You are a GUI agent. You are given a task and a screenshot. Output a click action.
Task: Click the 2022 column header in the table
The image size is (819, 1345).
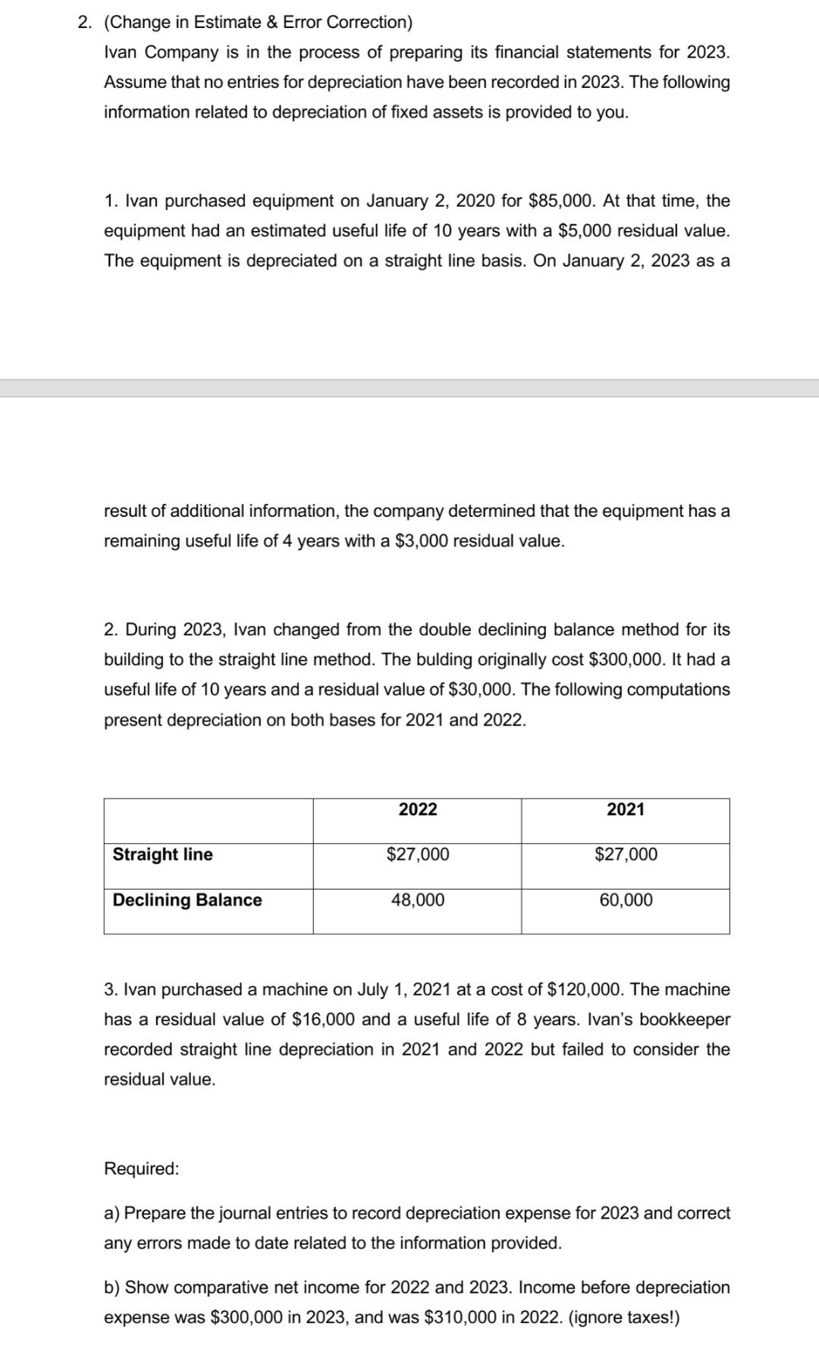pyautogui.click(x=418, y=809)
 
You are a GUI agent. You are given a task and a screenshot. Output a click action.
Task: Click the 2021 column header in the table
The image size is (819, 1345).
pyautogui.click(x=626, y=809)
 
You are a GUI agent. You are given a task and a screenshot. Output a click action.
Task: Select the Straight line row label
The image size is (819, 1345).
pyautogui.click(x=162, y=855)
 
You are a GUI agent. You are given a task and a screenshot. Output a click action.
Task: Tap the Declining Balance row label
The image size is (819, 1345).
pyautogui.click(x=187, y=900)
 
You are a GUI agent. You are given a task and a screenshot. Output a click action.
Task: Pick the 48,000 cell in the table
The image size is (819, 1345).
pyautogui.click(x=418, y=900)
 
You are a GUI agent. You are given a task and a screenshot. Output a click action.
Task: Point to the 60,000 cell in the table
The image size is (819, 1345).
pyautogui.click(x=626, y=900)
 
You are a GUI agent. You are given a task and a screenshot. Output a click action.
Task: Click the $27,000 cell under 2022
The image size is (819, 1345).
pyautogui.click(x=418, y=855)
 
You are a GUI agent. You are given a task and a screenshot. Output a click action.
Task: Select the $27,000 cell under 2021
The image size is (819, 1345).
pyautogui.click(x=626, y=855)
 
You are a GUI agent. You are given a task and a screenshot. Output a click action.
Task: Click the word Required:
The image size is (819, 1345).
pyautogui.click(x=142, y=1168)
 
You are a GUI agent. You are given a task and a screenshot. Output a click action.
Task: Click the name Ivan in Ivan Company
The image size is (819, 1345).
pyautogui.click(x=122, y=52)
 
